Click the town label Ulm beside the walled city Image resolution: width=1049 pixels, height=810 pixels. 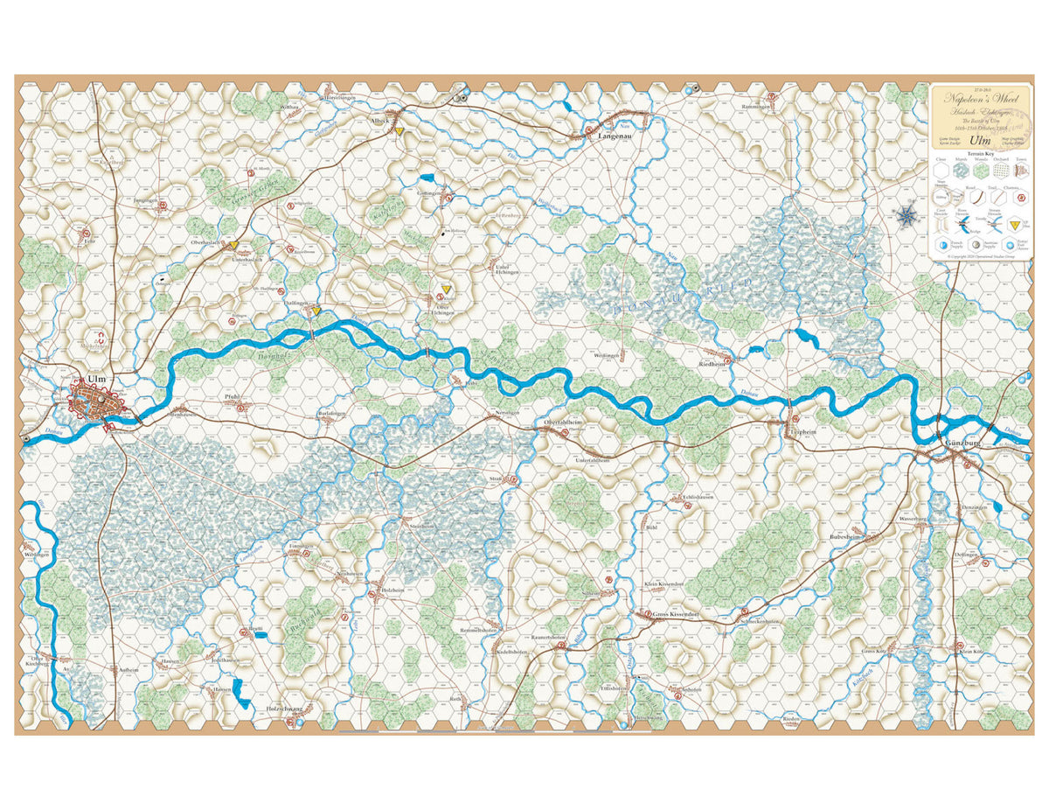point(96,379)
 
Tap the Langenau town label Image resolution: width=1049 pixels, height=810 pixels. point(615,137)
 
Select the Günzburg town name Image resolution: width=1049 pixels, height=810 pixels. point(963,444)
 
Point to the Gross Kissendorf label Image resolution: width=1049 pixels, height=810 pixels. point(675,616)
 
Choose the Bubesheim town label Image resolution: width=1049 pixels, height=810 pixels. point(845,537)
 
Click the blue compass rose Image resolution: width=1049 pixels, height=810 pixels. point(908,214)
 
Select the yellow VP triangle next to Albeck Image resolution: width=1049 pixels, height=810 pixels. point(399,131)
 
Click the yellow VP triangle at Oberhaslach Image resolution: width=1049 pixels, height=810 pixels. point(234,246)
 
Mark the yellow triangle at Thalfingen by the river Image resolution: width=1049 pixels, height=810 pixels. point(316,310)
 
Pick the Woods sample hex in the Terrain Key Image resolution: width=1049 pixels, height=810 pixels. point(981,172)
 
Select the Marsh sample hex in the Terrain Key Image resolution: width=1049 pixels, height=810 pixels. point(960,172)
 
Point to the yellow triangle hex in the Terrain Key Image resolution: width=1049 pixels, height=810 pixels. point(1016,227)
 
